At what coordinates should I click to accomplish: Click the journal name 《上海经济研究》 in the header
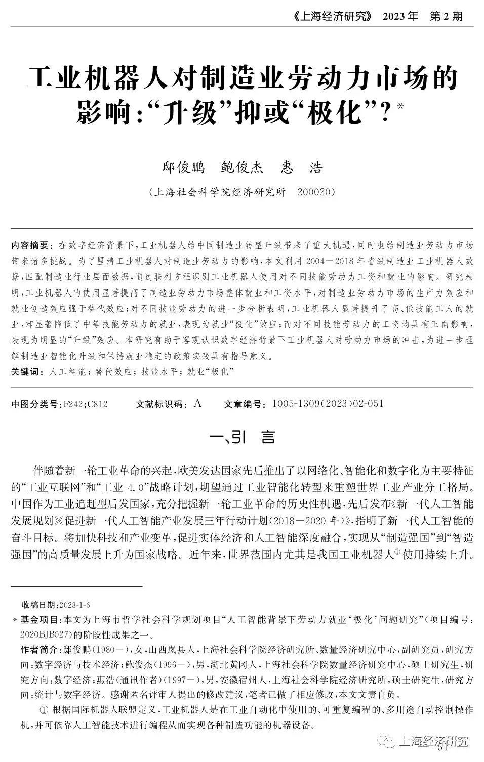324,16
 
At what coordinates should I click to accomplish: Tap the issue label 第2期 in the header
446,16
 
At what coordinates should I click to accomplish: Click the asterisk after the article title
401,106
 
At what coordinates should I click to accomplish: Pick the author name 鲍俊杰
243,167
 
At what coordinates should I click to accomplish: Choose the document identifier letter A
197,403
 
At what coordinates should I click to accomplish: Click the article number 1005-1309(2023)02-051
328,404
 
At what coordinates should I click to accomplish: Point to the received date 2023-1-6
74,605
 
